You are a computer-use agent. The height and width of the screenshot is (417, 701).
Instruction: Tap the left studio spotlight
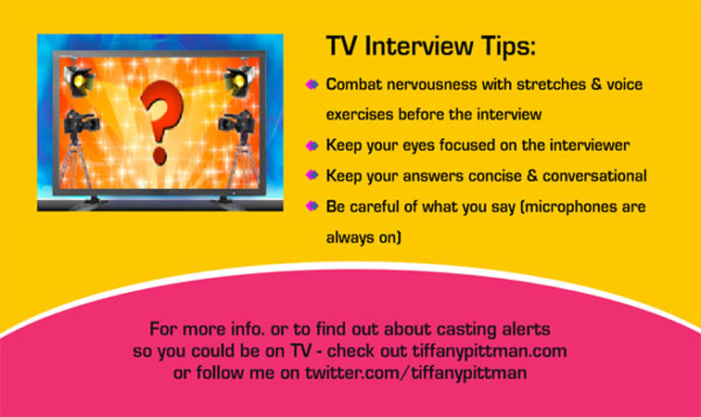coord(78,81)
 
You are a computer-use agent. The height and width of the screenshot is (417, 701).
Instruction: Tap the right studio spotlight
coord(238,81)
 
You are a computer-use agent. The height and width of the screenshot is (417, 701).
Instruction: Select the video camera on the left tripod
coord(81,124)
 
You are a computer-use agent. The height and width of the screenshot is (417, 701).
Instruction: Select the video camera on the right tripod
coord(237,124)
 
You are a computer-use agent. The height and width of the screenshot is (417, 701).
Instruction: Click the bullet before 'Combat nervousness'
coord(312,84)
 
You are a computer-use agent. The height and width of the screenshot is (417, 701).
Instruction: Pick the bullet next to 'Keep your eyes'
coord(312,145)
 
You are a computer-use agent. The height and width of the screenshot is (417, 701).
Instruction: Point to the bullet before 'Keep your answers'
coord(312,175)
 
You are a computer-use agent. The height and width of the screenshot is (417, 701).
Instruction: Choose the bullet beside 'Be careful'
coord(312,206)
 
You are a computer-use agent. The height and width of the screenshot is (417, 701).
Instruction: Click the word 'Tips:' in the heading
coord(508,46)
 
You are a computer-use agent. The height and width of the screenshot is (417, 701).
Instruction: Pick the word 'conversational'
coord(594,176)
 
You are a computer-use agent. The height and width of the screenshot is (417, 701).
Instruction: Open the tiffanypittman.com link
coord(490,351)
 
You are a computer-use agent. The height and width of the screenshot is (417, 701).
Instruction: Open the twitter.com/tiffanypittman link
coord(416,373)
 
